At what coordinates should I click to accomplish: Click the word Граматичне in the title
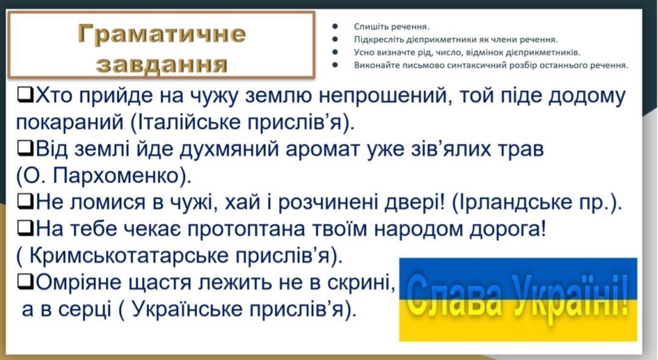point(161,34)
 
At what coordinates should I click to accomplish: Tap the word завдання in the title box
point(161,64)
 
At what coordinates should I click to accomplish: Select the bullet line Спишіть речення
point(392,27)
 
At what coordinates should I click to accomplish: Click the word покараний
point(69,122)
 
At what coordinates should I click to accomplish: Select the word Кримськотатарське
point(129,255)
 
